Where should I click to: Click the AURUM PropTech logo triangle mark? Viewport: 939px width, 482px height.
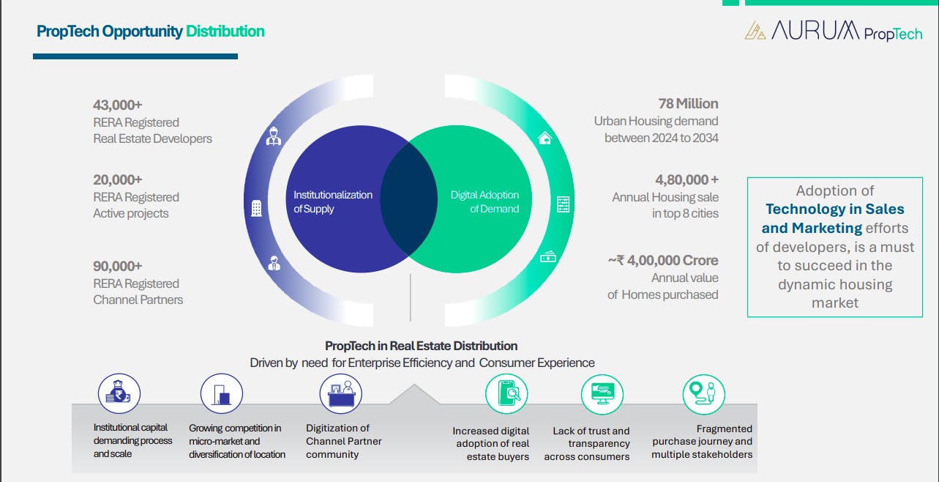[755, 31]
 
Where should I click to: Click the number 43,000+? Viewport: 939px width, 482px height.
[118, 105]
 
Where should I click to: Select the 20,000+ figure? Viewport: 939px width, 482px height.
[118, 179]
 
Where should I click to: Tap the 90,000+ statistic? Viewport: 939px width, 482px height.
[118, 266]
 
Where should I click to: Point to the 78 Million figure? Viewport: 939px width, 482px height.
[688, 103]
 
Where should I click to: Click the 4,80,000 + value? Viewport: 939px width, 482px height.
[687, 179]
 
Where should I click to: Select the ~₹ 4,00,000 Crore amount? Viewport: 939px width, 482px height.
[662, 260]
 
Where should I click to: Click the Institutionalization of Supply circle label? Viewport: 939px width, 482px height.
[333, 201]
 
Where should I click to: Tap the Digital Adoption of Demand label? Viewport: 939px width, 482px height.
[485, 201]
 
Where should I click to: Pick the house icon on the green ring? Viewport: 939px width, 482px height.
[545, 138]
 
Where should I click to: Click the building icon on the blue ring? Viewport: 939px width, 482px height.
[256, 209]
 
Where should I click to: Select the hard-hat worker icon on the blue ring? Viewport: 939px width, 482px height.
[274, 137]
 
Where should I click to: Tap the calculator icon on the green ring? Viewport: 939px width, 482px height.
[563, 204]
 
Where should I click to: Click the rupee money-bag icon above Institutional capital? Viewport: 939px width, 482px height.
[119, 393]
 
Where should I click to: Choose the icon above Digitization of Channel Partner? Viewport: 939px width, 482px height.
[341, 393]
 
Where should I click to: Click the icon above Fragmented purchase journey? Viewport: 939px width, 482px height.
[703, 393]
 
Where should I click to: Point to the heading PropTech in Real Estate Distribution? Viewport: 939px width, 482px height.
[421, 346]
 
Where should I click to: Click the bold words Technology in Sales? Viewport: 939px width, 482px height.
[835, 210]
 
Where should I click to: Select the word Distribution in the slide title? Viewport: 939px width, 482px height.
[225, 31]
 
